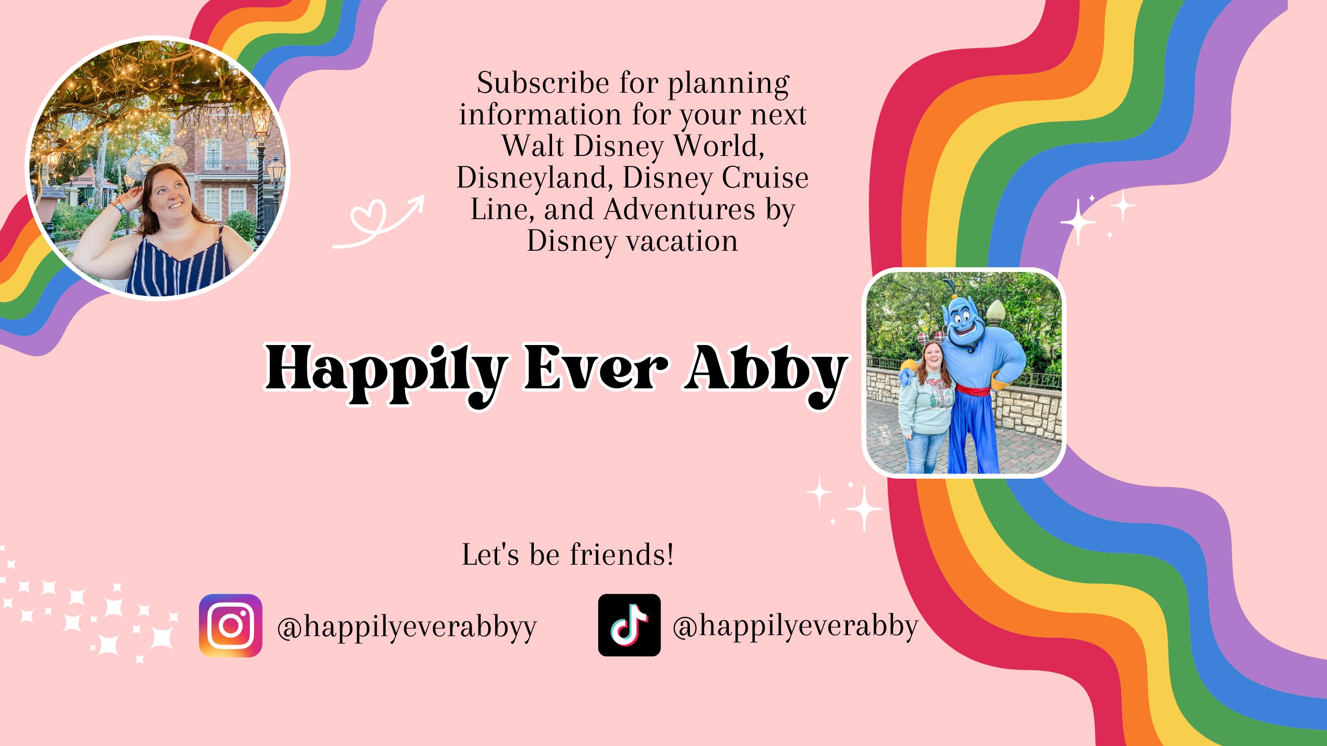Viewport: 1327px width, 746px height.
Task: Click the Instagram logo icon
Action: pos(231,625)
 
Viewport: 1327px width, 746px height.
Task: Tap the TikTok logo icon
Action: pos(629,625)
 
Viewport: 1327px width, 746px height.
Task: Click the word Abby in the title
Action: pos(766,373)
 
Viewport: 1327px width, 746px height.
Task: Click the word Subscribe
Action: pos(543,83)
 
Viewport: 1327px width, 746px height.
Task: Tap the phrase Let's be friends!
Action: pos(568,554)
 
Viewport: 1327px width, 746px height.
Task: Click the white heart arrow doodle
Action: pos(378,222)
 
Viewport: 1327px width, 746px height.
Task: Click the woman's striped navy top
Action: pos(179,264)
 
